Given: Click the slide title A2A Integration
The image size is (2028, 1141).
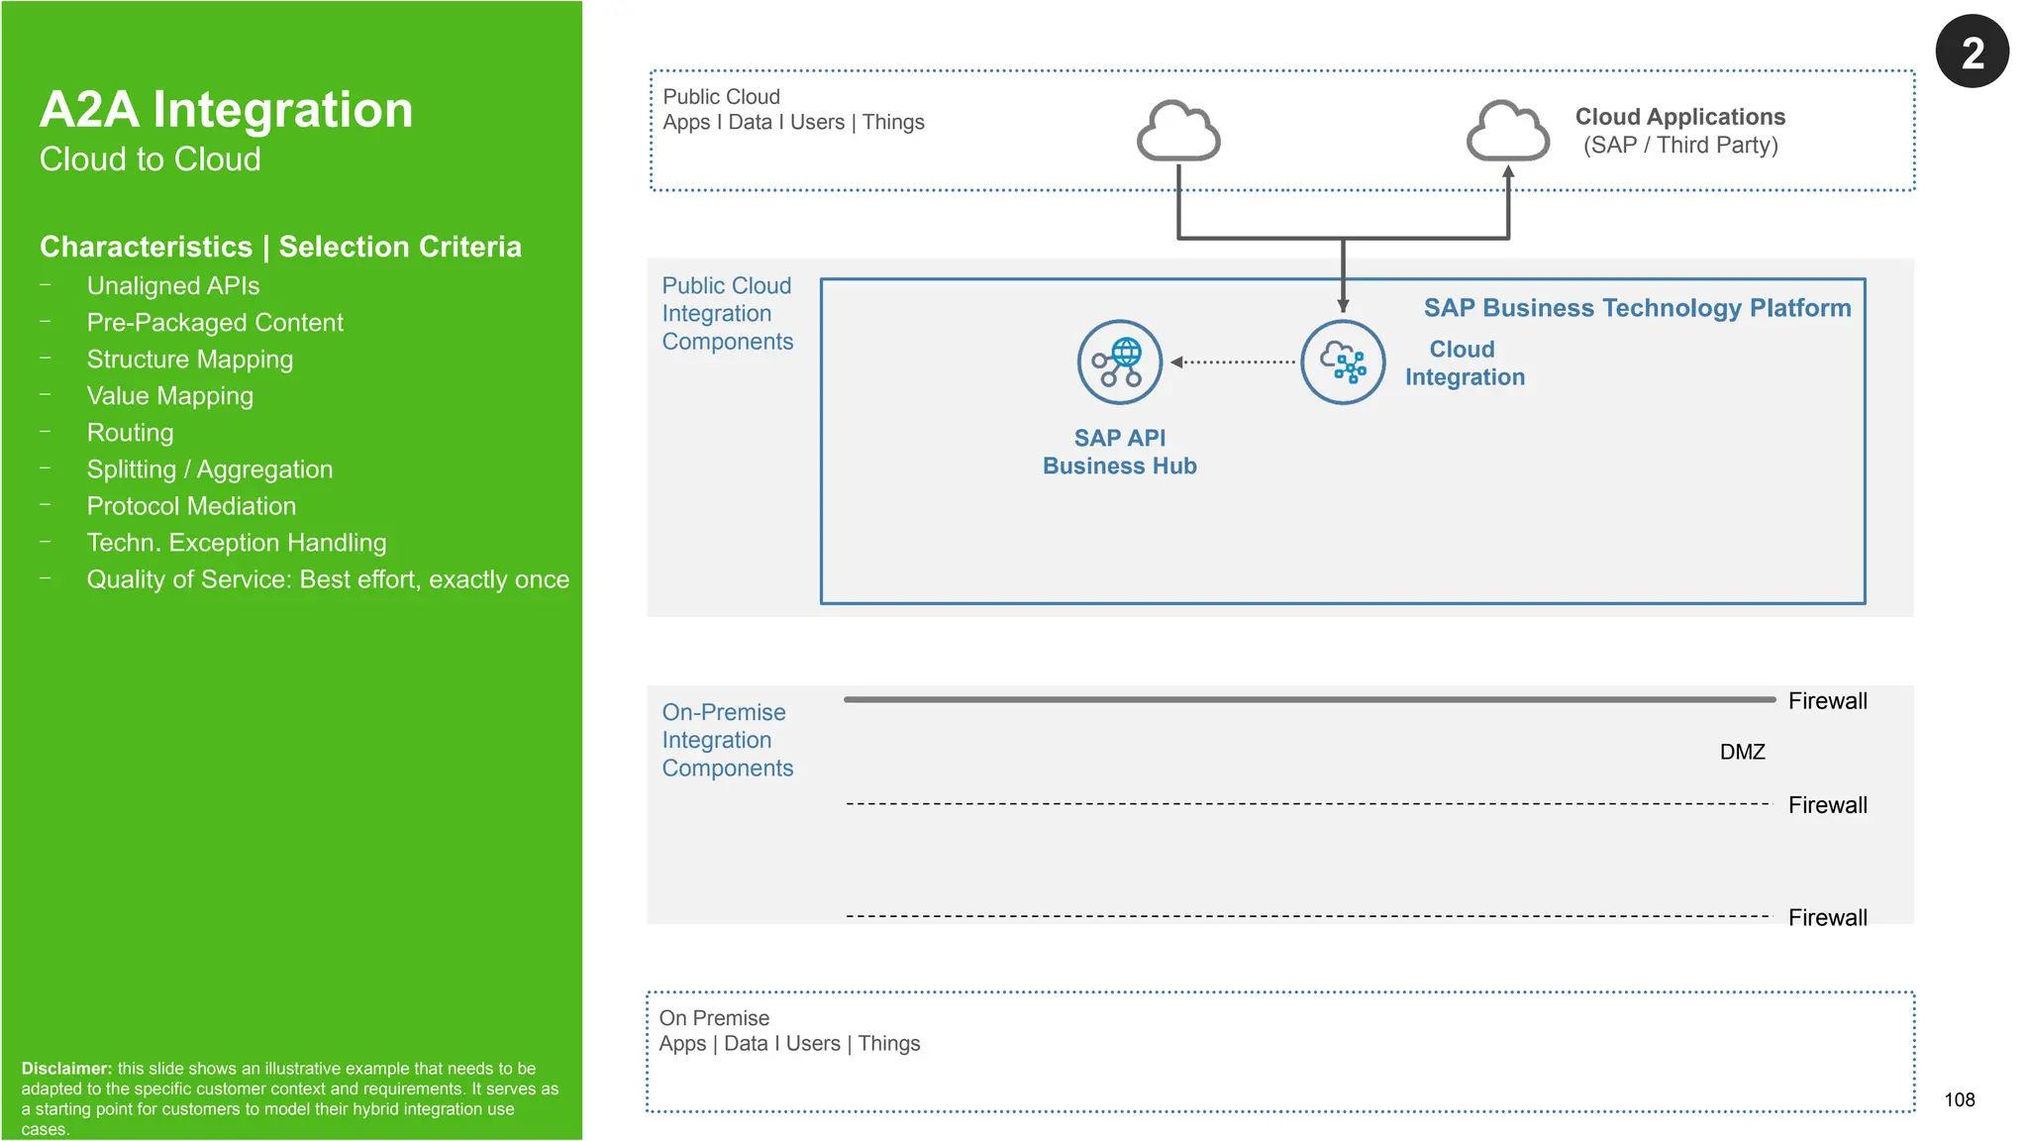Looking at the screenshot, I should pos(226,109).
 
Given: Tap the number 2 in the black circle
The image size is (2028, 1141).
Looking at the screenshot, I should pos(1972,52).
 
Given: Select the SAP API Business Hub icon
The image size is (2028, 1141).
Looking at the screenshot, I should pos(1119,362).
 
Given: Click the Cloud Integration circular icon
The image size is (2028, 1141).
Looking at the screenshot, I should pos(1342,362).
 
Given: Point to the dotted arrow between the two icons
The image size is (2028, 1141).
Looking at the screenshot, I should pos(1233,362).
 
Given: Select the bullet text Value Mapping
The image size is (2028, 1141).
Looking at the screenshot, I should pos(169,396).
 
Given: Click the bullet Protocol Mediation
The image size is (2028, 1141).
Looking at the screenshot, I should pos(191,506).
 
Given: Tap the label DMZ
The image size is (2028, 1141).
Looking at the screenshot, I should pos(1742,752).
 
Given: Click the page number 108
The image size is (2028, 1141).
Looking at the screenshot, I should pos(1959,1099).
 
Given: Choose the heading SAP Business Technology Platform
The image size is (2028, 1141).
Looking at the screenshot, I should pos(1637,308).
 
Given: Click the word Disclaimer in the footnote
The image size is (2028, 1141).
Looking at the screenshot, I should pos(65,1069).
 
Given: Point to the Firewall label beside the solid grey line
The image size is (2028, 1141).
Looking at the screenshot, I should pos(1827,701).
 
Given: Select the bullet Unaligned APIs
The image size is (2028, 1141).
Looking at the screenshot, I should pos(173,286).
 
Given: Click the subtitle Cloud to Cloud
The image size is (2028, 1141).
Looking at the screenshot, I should pos(150,159).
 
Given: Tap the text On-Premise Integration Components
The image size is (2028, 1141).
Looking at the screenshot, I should pos(727,740).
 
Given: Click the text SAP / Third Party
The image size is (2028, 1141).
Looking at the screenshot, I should pos(1680,146).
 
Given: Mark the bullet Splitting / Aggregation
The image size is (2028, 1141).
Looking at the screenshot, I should pos(209,469).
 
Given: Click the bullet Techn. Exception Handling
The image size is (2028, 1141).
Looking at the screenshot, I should pos(236,543).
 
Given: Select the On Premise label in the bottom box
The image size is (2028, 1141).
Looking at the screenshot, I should pos(714,1018).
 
